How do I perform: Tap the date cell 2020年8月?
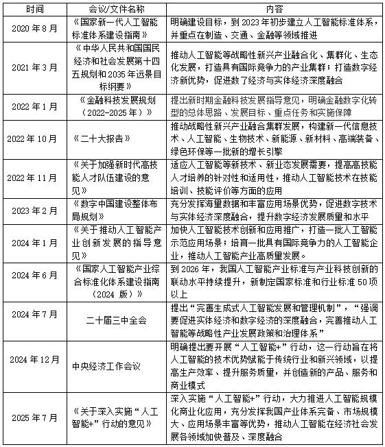tap(34, 27)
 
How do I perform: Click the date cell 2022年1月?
tap(34, 106)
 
